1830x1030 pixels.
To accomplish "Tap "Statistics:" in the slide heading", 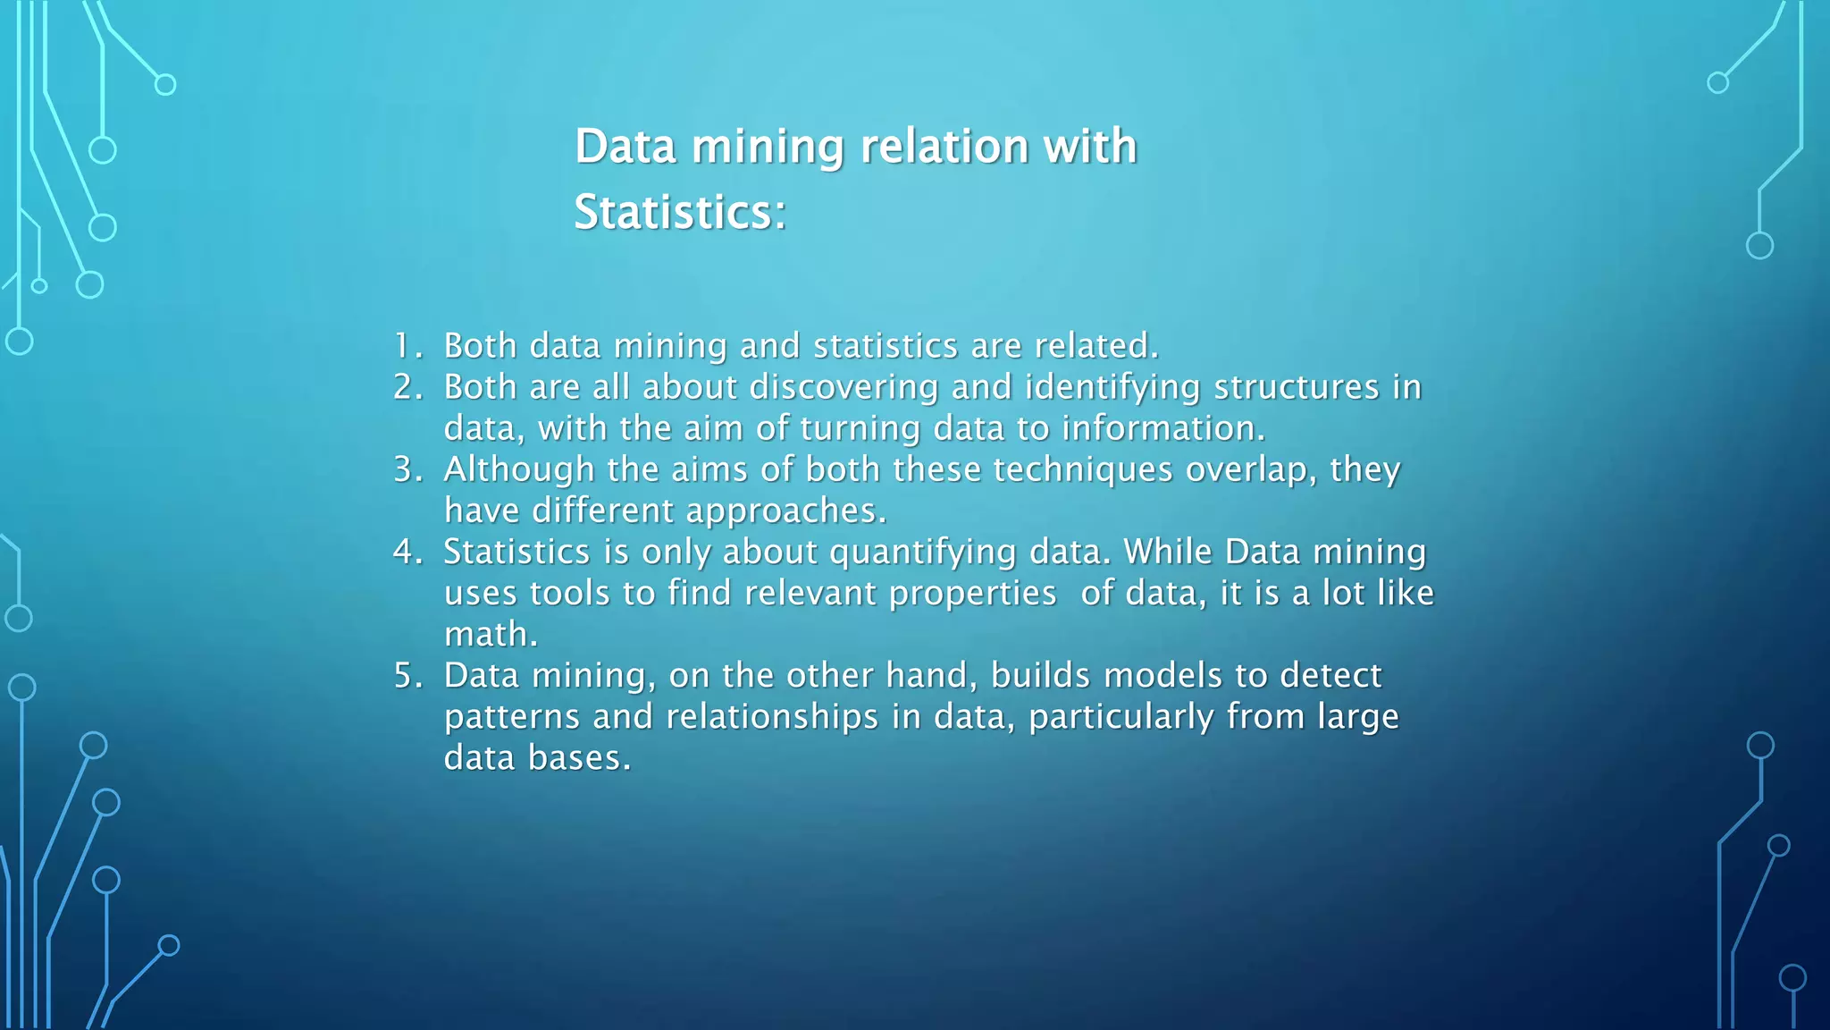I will (680, 213).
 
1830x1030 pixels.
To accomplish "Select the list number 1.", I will (405, 346).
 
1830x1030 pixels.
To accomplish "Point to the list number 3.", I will (407, 469).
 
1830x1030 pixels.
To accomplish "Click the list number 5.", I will (407, 675).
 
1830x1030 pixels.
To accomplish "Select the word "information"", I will (1163, 428).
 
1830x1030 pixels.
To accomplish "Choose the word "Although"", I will (519, 469).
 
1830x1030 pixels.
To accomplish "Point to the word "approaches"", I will (785, 511).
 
